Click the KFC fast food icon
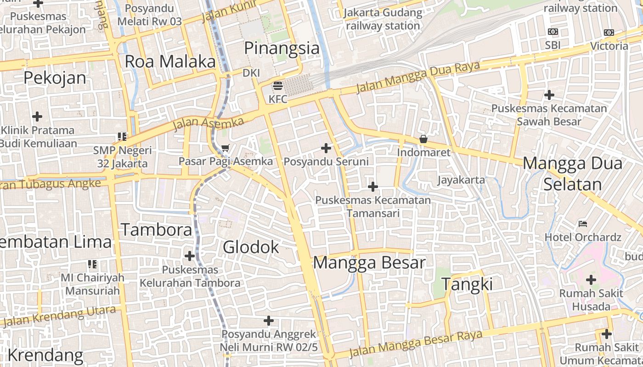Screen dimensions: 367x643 (x=277, y=86)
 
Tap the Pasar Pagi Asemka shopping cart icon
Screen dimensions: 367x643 (x=225, y=148)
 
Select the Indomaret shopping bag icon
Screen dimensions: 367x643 (x=423, y=139)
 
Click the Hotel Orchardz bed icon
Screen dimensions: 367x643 (x=583, y=224)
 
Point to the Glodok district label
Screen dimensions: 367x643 (x=251, y=247)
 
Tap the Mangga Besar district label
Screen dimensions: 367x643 (x=369, y=263)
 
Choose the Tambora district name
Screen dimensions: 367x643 (x=156, y=229)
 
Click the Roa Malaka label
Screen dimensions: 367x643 (x=170, y=61)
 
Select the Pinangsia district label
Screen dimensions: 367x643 (x=282, y=48)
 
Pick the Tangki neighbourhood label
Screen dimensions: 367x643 (x=467, y=284)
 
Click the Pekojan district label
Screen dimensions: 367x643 (x=55, y=78)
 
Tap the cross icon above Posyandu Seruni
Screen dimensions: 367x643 (x=326, y=148)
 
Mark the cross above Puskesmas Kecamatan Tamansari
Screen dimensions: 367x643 (x=373, y=186)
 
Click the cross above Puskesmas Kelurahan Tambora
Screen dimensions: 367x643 (x=189, y=256)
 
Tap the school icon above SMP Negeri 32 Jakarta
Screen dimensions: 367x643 (x=122, y=136)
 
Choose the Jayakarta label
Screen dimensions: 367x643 (x=461, y=179)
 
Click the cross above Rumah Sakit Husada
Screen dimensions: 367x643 (x=591, y=279)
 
